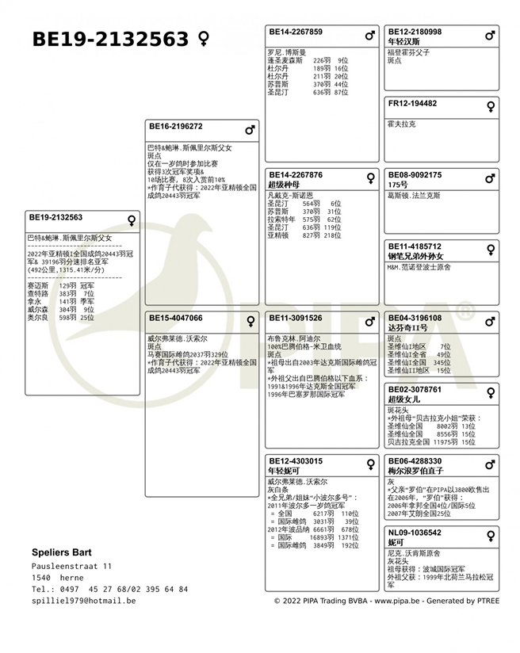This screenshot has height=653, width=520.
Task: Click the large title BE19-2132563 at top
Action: click(110, 39)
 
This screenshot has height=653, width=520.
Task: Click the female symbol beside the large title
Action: click(204, 39)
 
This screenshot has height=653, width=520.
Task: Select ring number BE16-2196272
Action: click(175, 126)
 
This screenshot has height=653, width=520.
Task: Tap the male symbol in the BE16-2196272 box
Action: click(250, 129)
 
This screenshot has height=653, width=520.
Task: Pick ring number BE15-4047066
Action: click(175, 318)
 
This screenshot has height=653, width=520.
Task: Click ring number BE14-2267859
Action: click(296, 32)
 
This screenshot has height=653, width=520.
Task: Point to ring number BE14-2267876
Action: click(296, 175)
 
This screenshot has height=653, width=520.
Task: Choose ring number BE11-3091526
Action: click(296, 318)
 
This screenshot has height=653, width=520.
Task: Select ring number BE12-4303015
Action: click(296, 461)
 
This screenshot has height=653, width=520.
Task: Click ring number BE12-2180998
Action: click(415, 32)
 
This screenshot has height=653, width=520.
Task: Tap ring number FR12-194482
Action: click(412, 104)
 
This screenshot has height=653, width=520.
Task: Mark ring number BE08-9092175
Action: click(415, 175)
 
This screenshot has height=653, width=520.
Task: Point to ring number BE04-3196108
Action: click(415, 318)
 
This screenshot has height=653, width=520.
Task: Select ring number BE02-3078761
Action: click(415, 390)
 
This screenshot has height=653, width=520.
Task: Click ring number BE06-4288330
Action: click(415, 461)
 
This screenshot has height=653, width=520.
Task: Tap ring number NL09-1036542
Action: click(415, 533)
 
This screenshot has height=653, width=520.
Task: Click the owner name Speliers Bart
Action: click(62, 552)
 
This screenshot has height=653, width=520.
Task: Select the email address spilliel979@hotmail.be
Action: click(83, 601)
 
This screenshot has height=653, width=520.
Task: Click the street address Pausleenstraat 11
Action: click(71, 566)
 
